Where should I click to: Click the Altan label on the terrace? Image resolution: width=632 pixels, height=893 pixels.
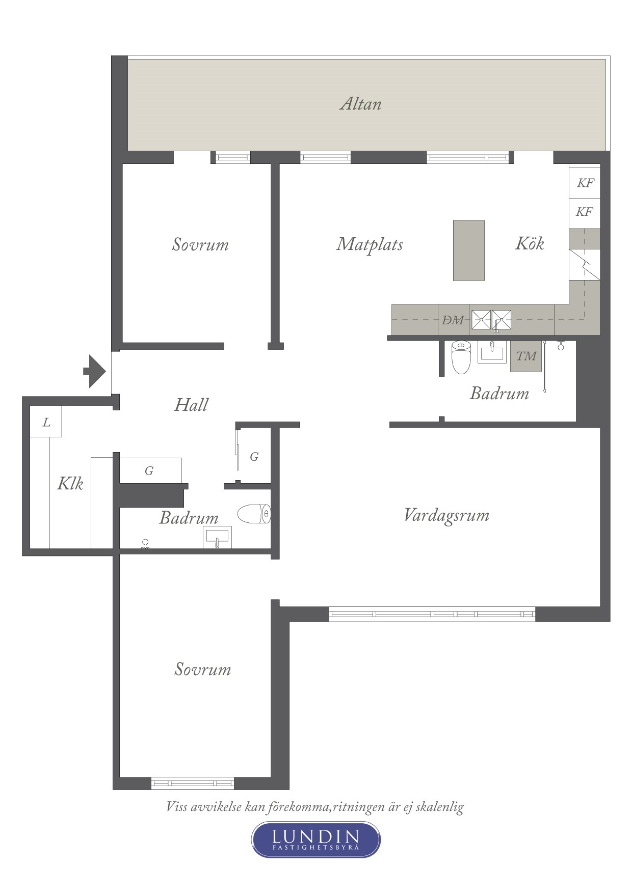[x=360, y=104]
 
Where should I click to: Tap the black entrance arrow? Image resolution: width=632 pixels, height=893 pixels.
[x=95, y=371]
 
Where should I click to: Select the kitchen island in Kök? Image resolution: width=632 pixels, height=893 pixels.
[x=469, y=250]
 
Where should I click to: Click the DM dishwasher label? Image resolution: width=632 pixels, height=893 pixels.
[x=453, y=320]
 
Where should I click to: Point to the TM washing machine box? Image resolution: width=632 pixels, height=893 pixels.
[x=526, y=356]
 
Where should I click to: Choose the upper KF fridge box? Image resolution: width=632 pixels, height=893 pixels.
[x=585, y=183]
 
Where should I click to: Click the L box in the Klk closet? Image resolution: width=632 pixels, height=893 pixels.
[x=46, y=422]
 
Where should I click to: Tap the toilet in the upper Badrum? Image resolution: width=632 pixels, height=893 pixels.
[x=461, y=357]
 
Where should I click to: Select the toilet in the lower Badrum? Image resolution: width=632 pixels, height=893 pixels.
[x=254, y=514]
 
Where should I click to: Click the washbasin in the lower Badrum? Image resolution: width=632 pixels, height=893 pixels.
[x=217, y=537]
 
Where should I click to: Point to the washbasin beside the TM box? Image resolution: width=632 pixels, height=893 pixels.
[x=492, y=351]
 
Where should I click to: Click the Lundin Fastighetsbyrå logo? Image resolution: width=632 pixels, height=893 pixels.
[x=316, y=840]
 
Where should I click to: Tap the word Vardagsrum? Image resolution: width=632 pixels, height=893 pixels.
[x=446, y=515]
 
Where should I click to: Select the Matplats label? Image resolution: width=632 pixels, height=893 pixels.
[x=370, y=244]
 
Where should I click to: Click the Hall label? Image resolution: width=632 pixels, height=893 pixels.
[x=191, y=405]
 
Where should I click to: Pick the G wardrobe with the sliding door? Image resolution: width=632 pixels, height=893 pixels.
[x=253, y=456]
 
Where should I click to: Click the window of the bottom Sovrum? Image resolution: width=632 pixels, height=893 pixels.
[x=193, y=783]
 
